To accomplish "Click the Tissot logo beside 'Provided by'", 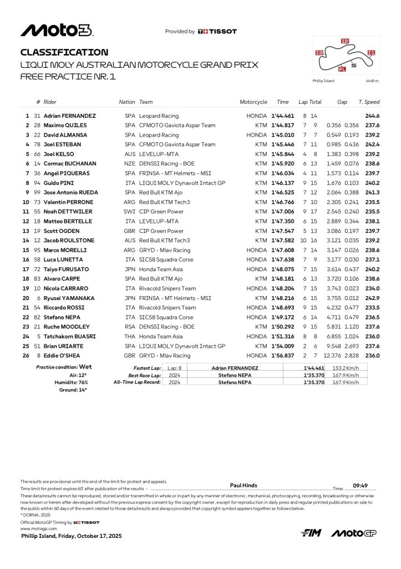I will tap(217, 32).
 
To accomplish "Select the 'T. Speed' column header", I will tap(369, 102).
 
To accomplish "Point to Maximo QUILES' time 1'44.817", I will tap(283, 126).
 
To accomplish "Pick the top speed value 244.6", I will tap(372, 116).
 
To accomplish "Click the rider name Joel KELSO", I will tap(60, 154).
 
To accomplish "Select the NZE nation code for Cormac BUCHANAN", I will tap(129, 164).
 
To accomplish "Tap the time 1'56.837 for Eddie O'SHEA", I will tap(283, 355).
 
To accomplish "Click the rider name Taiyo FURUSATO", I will tap(67, 269).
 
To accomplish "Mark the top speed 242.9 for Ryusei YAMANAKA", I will tap(372, 298).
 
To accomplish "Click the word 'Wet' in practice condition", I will tap(85, 367).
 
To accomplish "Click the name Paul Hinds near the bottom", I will tap(243, 485).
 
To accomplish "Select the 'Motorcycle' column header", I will tap(253, 102).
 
